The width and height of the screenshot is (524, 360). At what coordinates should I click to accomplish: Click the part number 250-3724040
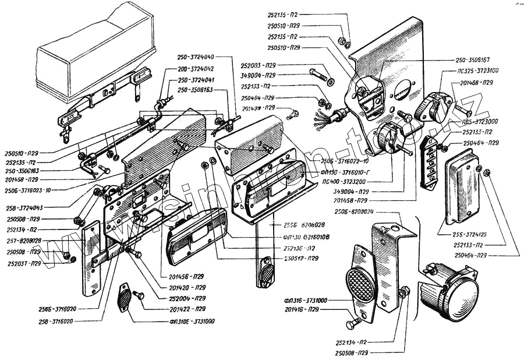point(196,57)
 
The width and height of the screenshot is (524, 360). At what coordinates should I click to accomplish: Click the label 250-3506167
point(472,60)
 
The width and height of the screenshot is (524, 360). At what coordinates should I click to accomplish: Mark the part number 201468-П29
point(474,83)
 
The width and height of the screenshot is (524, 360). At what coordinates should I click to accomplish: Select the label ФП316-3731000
point(307,300)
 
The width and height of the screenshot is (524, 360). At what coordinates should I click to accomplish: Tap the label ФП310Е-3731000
point(192,321)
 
